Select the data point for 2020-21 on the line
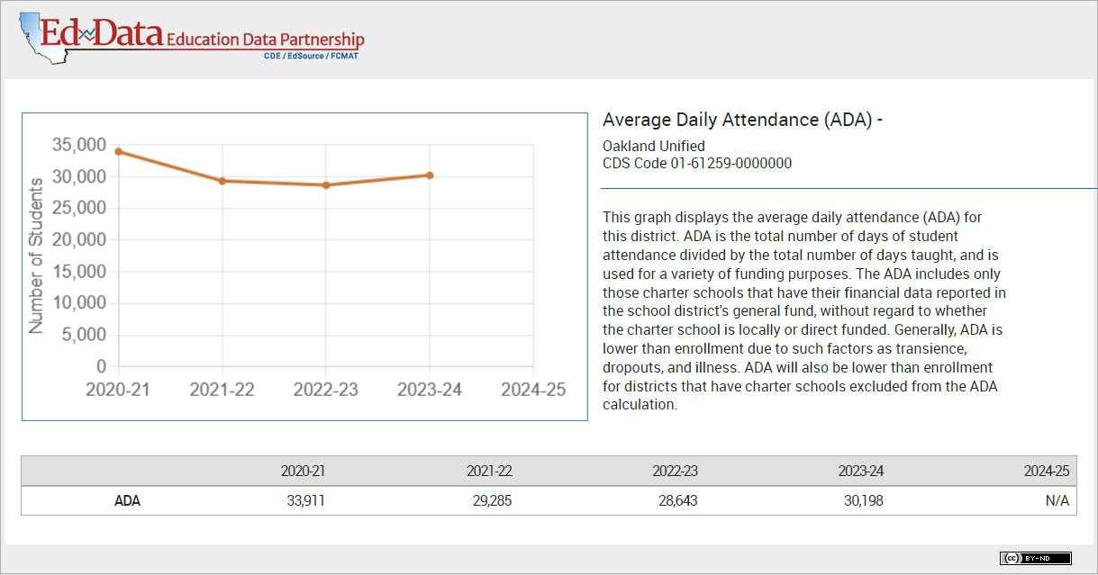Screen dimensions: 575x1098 coord(118,151)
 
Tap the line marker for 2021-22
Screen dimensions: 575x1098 coord(222,181)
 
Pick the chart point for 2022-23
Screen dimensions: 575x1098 coord(326,185)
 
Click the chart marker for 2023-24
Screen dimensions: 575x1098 coord(430,175)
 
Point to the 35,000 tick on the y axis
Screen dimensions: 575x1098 coord(79,145)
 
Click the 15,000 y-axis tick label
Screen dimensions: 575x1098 coord(79,272)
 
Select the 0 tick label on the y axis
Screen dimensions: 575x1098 coord(101,367)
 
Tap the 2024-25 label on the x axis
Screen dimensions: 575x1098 coord(533,390)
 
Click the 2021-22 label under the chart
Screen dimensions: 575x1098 coord(222,390)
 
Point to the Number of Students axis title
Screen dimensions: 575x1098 coord(36,256)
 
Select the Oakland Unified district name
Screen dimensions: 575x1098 coord(653,146)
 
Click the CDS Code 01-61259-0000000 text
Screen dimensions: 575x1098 coord(696,163)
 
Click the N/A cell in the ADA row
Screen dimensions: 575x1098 coord(1057,501)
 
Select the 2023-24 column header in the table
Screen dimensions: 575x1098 coord(860,472)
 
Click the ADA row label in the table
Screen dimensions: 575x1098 coord(127,501)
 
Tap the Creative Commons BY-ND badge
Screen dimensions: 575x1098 coord(1035,558)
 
